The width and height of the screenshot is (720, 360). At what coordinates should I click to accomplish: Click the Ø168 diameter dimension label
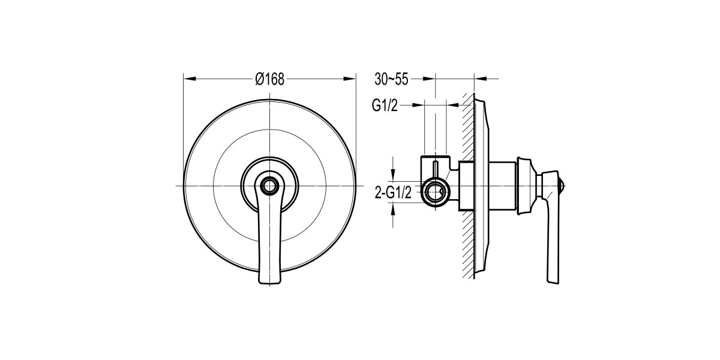269,79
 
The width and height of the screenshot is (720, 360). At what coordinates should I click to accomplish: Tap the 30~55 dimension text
391,79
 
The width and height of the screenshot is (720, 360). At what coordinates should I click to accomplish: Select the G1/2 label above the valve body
385,105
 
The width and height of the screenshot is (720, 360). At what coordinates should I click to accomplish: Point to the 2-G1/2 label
393,193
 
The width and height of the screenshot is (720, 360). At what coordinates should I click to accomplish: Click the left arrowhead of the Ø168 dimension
190,79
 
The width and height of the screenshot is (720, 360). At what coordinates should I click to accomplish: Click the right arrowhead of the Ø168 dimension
350,79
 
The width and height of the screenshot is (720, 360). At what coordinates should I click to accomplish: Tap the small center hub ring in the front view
269,185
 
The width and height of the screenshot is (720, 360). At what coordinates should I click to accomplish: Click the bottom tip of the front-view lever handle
270,283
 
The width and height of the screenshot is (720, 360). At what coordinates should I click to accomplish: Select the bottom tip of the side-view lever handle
553,282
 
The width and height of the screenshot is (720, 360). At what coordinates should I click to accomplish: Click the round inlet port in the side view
435,192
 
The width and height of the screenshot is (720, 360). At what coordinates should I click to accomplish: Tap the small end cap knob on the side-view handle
562,186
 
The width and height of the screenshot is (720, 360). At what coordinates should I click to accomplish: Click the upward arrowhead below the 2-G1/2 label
392,210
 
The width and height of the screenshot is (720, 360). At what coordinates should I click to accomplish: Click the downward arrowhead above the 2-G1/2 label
392,175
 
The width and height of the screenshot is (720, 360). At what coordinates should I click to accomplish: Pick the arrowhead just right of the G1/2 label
418,105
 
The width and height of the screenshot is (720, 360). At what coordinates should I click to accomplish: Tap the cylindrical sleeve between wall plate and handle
503,186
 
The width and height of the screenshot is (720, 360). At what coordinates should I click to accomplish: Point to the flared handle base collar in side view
527,186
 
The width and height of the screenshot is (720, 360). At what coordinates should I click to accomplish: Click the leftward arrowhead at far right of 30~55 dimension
481,79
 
